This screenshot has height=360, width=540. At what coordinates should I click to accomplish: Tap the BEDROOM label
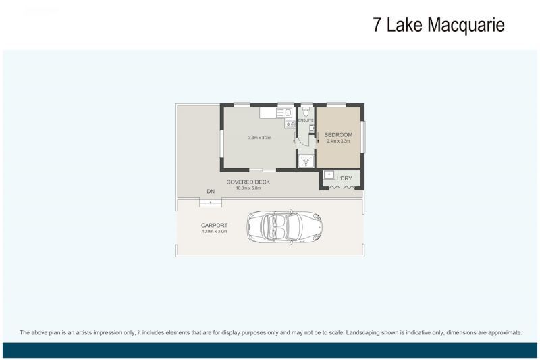pos(338,135)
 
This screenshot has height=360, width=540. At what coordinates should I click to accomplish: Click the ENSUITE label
pos(306,120)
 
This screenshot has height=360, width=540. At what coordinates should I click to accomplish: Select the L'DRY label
pos(344,178)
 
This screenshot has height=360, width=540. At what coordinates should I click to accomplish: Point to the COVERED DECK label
pos(248,182)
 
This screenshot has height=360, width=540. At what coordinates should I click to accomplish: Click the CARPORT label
pos(214,225)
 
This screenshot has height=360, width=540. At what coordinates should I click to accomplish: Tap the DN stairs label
pos(211,192)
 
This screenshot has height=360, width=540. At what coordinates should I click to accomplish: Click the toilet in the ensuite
pos(306,111)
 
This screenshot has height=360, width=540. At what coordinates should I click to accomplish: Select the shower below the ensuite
pos(306,161)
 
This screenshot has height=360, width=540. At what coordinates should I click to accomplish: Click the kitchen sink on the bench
pos(286,113)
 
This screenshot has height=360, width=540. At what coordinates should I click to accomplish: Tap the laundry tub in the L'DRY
pos(329,175)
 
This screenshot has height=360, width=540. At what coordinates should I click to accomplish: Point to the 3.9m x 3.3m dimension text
pos(259,138)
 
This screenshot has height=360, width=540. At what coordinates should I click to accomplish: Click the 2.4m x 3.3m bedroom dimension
pos(338,141)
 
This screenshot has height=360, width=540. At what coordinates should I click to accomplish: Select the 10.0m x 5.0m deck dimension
pos(248,188)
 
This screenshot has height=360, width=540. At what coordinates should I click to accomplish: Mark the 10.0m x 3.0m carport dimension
pos(214,231)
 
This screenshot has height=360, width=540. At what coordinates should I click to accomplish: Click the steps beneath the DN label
pos(211,201)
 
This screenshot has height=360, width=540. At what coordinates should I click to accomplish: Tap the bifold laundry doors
pos(341,187)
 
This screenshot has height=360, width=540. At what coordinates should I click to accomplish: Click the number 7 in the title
pos(377,25)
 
